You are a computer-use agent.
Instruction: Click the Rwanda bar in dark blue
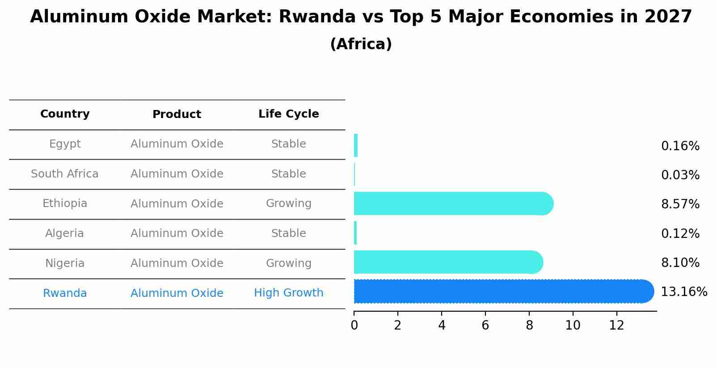(x=504, y=291)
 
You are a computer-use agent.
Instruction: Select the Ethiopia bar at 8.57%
(x=454, y=203)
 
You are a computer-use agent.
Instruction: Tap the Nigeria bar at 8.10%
(x=448, y=262)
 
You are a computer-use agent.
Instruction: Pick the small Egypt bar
(x=356, y=145)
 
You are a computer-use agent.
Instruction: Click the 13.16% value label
(x=684, y=292)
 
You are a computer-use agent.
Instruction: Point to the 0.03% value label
(x=680, y=175)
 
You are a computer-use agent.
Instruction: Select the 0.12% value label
(x=680, y=233)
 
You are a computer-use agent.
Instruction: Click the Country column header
(x=65, y=114)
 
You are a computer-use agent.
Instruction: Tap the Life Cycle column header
(x=289, y=114)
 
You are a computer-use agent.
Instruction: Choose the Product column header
(x=177, y=114)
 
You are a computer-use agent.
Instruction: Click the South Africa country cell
(x=65, y=173)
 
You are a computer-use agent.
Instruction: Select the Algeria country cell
(x=65, y=233)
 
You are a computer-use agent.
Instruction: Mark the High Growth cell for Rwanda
(x=289, y=293)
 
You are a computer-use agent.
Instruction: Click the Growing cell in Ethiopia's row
(x=289, y=203)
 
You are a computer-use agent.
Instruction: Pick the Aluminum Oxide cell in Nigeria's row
(x=177, y=263)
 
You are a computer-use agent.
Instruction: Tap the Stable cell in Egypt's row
(x=289, y=144)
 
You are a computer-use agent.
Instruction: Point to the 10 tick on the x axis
(x=573, y=326)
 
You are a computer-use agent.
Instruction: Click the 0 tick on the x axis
(x=354, y=326)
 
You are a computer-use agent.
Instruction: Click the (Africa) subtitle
(x=361, y=44)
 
